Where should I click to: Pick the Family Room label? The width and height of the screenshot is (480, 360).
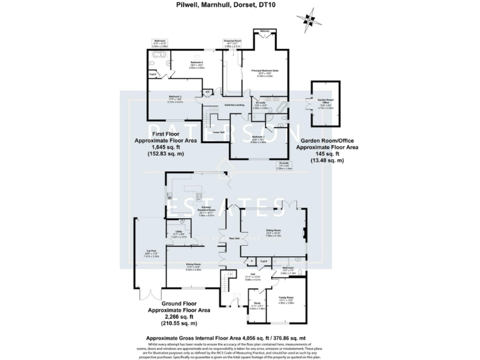pos(286,299)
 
